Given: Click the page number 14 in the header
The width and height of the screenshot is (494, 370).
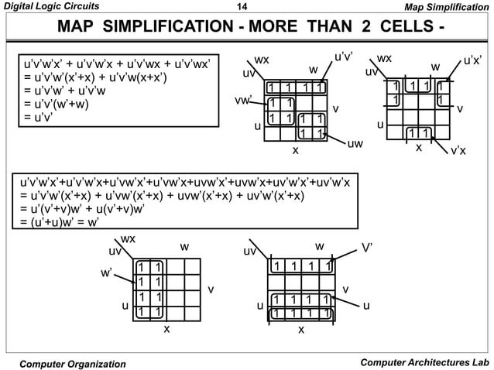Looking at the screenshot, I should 246,8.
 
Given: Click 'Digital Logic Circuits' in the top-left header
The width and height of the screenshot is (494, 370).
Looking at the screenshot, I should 49,8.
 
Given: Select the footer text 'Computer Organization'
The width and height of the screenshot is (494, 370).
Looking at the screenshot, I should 72,363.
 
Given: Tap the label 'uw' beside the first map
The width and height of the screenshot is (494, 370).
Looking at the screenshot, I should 355,144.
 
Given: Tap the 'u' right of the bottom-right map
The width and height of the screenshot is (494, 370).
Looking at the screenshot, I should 366,306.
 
